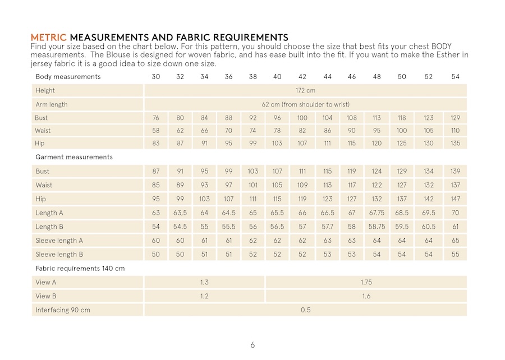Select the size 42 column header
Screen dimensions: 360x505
tap(302, 77)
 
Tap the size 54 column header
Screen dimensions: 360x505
tap(455, 77)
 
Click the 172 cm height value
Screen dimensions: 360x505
tap(305, 90)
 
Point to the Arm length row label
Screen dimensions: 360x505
tap(52, 104)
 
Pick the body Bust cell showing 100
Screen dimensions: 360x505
tap(302, 118)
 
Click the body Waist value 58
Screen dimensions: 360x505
tap(156, 131)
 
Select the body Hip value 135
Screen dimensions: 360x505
tap(455, 144)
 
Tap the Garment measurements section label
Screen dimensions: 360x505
tap(74, 157)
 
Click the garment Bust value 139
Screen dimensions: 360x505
tap(455, 171)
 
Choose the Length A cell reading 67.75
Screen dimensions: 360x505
tap(377, 213)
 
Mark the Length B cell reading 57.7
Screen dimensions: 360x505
tap(328, 227)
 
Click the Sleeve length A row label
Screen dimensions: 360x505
tap(59, 241)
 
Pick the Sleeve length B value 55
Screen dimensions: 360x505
tap(455, 255)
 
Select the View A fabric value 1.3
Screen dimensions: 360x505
tap(204, 282)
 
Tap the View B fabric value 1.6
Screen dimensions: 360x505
tap(366, 296)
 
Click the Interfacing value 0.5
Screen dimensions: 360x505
tap(305, 310)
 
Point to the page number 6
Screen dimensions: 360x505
tap(252, 345)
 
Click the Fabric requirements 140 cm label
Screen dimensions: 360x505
tap(80, 269)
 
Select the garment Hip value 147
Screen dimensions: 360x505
tap(455, 199)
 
